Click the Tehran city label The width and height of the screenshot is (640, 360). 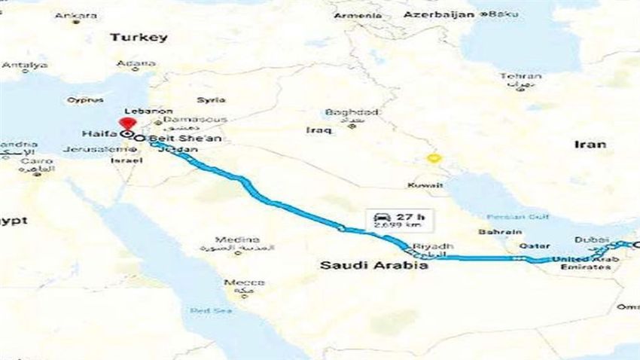520,76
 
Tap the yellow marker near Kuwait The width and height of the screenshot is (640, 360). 433,159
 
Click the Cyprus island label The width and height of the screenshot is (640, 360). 84,99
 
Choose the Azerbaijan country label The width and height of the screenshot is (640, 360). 442,14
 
